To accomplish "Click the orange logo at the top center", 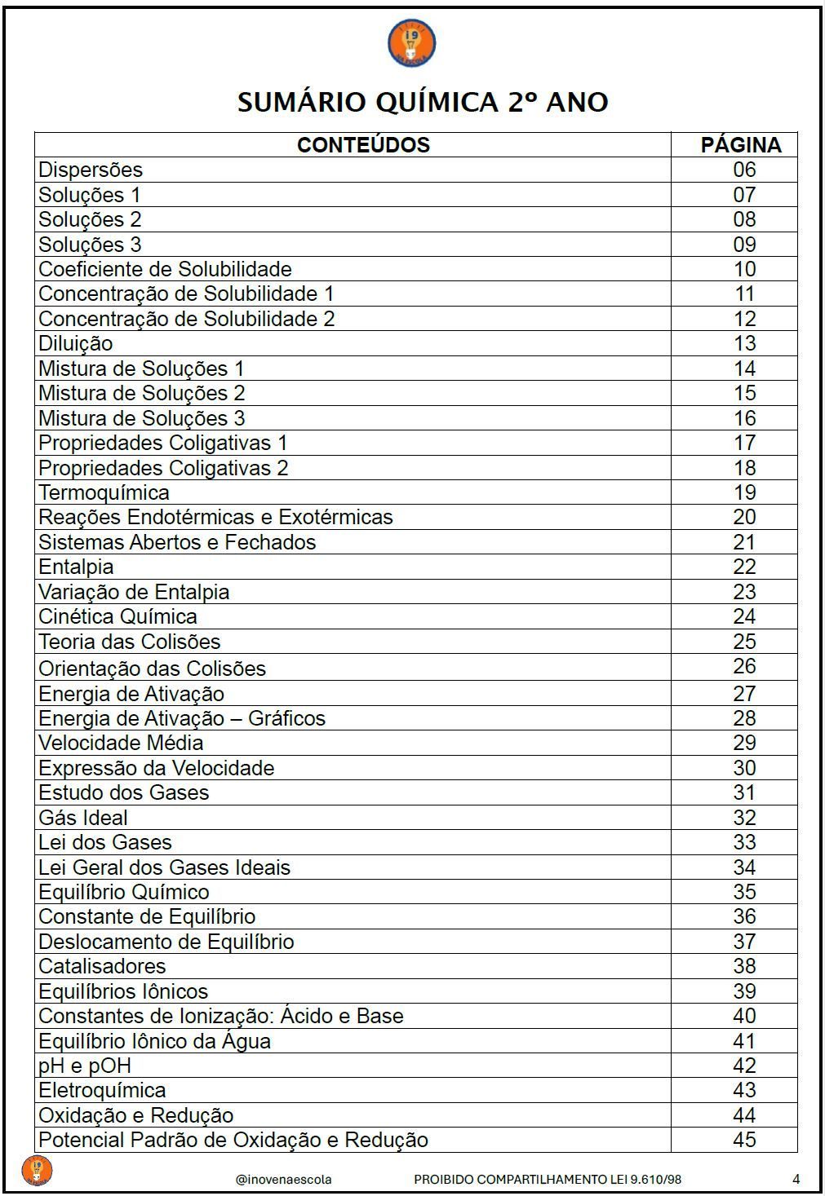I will (411, 44).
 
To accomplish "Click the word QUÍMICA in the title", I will (437, 103).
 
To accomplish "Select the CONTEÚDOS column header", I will (363, 145).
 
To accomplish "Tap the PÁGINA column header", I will (741, 145).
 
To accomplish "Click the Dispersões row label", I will (91, 170).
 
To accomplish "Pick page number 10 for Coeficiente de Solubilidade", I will (744, 270).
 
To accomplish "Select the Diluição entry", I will (76, 344).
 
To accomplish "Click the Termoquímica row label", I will (104, 493).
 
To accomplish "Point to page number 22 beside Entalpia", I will (744, 567).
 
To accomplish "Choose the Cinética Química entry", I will (118, 617).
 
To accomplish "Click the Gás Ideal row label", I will (83, 819).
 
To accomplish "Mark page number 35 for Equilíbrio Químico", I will (744, 893).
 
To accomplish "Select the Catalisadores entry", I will (102, 967).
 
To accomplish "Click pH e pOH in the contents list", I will (85, 1066).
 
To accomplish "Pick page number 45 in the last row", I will (744, 1141).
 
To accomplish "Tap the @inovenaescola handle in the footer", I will (283, 1180).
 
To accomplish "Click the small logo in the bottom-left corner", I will (37, 1170).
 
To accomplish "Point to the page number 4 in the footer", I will (796, 1179).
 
